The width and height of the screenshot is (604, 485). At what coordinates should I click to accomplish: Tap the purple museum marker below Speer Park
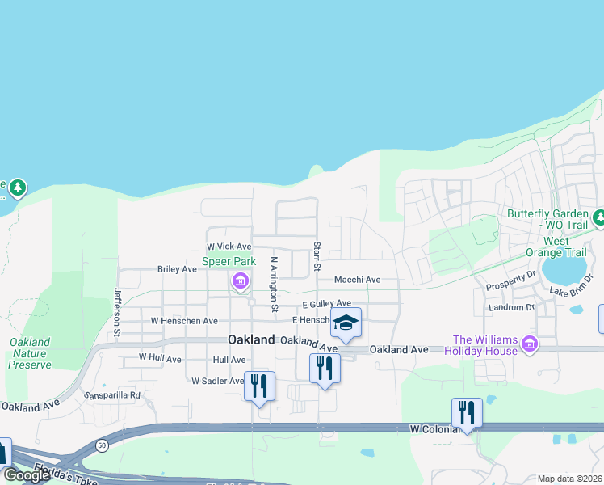(x=240, y=282)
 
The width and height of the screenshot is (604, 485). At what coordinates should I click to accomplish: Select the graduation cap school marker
(x=346, y=323)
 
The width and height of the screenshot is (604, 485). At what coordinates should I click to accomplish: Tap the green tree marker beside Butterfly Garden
(x=599, y=217)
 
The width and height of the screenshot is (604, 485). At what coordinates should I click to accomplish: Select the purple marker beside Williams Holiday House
(x=530, y=345)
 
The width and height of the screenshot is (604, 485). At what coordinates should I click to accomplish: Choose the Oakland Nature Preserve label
(x=30, y=353)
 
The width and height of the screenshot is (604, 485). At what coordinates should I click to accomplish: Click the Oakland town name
(x=251, y=340)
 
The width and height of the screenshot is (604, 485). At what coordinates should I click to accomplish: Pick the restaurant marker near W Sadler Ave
(x=259, y=386)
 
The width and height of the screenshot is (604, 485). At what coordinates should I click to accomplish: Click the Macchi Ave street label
(x=358, y=280)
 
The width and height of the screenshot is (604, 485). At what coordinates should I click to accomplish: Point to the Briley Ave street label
(x=177, y=269)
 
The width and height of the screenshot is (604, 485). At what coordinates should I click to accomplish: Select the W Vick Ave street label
(x=229, y=247)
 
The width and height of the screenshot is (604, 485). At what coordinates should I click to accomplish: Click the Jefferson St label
(x=117, y=312)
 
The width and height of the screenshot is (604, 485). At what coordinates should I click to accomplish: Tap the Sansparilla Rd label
(x=112, y=396)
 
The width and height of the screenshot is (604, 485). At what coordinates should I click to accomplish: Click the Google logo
(x=27, y=475)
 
